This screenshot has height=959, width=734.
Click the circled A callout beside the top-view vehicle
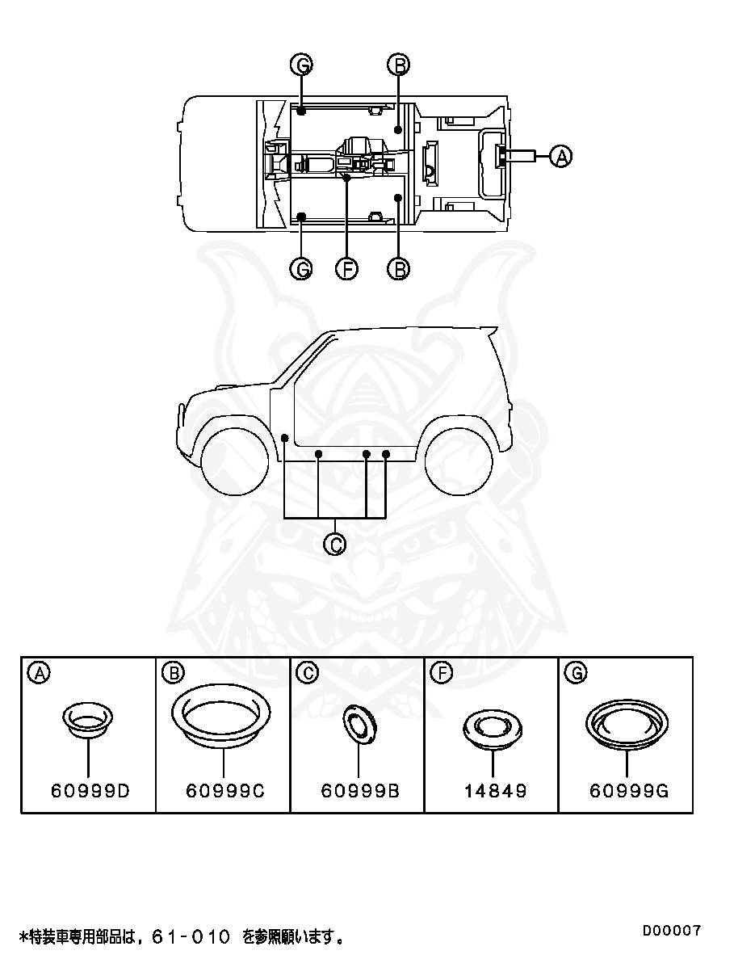[x=560, y=156]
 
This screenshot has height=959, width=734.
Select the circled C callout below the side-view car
[x=334, y=545]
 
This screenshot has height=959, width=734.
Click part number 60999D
[x=90, y=791]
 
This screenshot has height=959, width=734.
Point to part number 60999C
[x=224, y=791]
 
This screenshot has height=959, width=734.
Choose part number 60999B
[x=359, y=791]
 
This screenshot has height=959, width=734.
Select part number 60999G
[x=628, y=791]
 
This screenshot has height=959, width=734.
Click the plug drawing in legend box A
[x=87, y=719]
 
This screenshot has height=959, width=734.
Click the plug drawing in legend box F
[x=492, y=727]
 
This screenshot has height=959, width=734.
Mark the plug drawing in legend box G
[x=627, y=721]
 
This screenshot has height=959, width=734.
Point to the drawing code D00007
[x=672, y=930]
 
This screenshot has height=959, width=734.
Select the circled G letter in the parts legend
[x=577, y=672]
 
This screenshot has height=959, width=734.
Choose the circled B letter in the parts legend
[x=172, y=672]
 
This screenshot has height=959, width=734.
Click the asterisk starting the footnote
[x=23, y=937]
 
